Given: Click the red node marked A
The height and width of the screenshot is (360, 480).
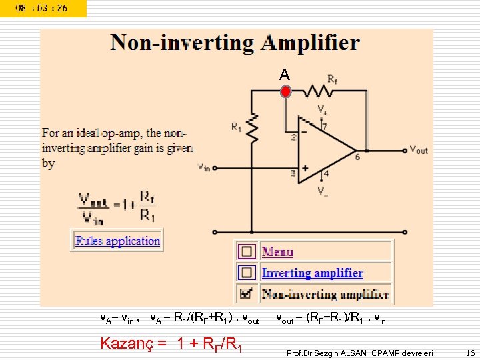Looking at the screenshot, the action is click(x=285, y=92).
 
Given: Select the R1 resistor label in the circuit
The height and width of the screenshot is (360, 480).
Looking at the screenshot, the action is click(x=237, y=127).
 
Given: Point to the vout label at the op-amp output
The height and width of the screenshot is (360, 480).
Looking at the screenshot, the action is click(x=419, y=150).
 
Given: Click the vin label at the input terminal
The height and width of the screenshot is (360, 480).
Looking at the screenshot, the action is click(x=204, y=167).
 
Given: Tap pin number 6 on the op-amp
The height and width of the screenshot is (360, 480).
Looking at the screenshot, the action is click(x=357, y=158).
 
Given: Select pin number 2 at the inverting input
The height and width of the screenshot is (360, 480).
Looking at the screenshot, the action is click(x=293, y=137).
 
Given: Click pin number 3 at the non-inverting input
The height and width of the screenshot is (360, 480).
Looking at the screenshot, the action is click(x=293, y=173).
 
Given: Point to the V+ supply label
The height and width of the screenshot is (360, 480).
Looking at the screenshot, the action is click(x=323, y=109).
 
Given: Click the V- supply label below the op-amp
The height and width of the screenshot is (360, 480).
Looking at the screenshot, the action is click(x=323, y=192).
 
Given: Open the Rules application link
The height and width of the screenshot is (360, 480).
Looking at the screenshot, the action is click(x=117, y=241).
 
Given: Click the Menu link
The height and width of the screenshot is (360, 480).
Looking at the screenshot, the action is click(x=277, y=252).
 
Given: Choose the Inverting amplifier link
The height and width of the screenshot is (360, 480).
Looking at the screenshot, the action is click(x=312, y=273).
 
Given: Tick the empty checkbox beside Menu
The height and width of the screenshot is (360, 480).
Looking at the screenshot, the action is click(x=247, y=252).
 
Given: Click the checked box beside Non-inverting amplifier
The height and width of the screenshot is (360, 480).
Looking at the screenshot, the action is click(x=247, y=294).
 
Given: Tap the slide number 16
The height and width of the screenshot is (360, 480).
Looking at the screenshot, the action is click(x=470, y=351).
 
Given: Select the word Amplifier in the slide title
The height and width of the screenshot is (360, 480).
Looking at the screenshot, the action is click(x=311, y=43).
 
